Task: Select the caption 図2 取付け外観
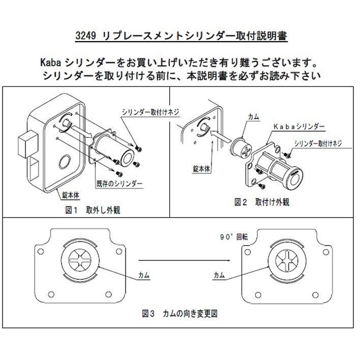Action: point(261,202)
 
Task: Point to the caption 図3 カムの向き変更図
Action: point(180,314)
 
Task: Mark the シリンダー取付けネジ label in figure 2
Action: point(317,143)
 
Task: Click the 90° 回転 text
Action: point(231,237)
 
